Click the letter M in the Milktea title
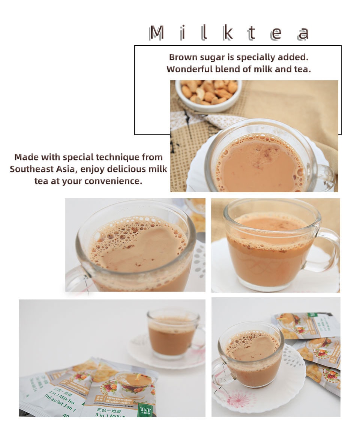pos(157,33)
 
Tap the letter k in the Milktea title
pos(228,33)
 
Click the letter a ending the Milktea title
pos(303,34)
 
